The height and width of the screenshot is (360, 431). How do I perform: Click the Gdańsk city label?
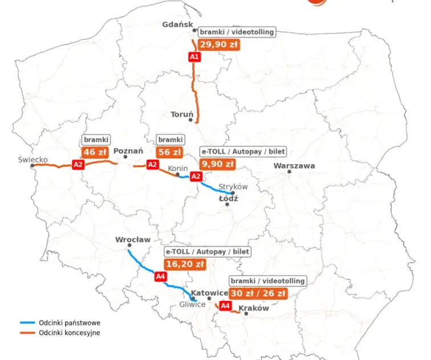[x=177, y=24]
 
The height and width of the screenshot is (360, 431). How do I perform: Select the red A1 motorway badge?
[x=194, y=56]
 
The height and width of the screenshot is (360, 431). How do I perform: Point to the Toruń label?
[x=182, y=114]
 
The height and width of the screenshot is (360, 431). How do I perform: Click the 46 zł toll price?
[x=95, y=152]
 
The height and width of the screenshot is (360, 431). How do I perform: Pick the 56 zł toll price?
[x=169, y=152]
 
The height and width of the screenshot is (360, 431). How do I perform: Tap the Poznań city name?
[x=128, y=152]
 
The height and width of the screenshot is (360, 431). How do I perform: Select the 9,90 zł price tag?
[x=217, y=164]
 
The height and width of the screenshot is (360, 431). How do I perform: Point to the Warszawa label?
[x=294, y=165]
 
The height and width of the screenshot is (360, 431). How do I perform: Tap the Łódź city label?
[x=228, y=198]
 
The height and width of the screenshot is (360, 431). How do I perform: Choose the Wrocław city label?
[x=133, y=239]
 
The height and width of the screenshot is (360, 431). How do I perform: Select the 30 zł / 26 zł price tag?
[x=257, y=293]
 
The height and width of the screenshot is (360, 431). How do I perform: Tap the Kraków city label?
[x=254, y=308]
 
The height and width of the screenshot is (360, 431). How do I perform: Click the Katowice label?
[x=209, y=293]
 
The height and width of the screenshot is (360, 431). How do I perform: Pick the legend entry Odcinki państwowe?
[x=66, y=323]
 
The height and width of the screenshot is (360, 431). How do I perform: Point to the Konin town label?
[x=177, y=169]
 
